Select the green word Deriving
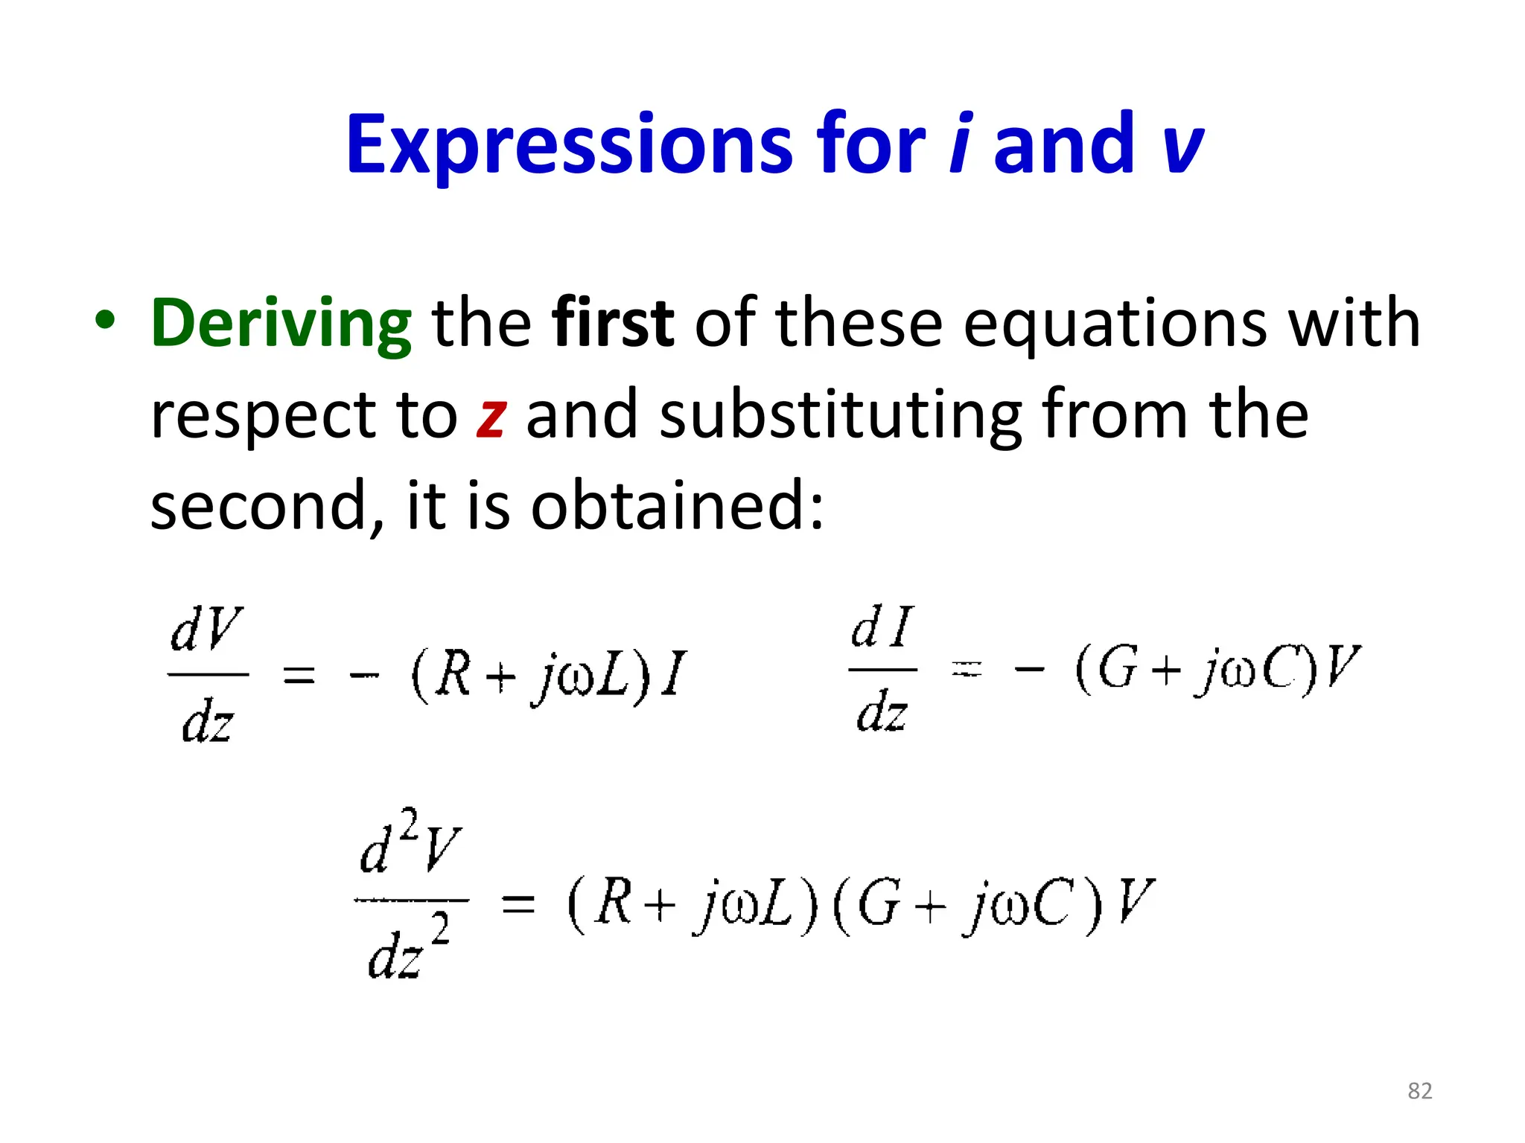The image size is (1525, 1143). coord(281,324)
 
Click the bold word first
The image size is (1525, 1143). coord(613,323)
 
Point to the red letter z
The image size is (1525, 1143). coord(491,417)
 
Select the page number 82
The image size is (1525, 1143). coord(1419,1091)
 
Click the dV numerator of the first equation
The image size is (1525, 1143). coord(206,630)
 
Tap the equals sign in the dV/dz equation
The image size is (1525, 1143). coord(299,676)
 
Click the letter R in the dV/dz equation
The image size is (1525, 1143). coord(453,674)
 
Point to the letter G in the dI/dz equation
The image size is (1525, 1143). coord(1118,667)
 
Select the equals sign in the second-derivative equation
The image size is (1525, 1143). coord(518,904)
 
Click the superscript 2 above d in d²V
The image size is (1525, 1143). coord(408,825)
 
